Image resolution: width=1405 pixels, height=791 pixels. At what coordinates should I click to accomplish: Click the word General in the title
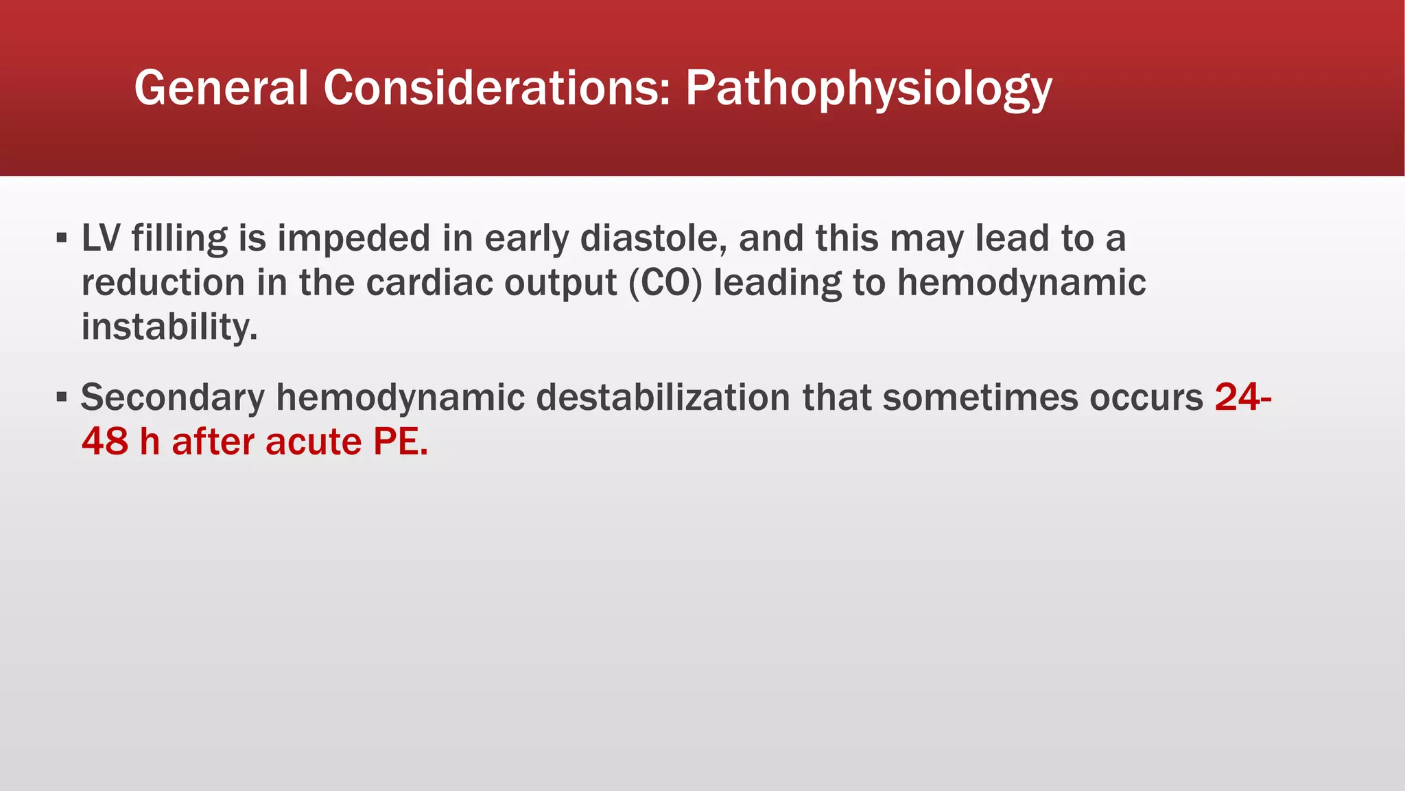[221, 88]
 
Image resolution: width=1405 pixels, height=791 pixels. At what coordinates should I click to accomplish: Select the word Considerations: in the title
[497, 88]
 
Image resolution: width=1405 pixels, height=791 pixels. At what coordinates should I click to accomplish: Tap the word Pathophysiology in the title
[868, 89]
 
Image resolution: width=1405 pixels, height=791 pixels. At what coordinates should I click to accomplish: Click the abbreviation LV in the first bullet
[101, 238]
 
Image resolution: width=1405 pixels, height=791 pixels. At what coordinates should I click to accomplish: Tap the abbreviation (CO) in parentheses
[665, 283]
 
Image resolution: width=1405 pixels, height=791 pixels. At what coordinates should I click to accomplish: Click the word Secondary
[172, 398]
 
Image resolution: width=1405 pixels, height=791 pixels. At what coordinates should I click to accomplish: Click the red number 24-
[1242, 398]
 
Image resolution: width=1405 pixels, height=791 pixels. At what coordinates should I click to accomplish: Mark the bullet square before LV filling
[62, 239]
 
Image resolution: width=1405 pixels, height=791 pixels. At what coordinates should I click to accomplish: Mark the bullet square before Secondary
[62, 398]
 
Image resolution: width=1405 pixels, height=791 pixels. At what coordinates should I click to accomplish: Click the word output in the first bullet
[560, 284]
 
